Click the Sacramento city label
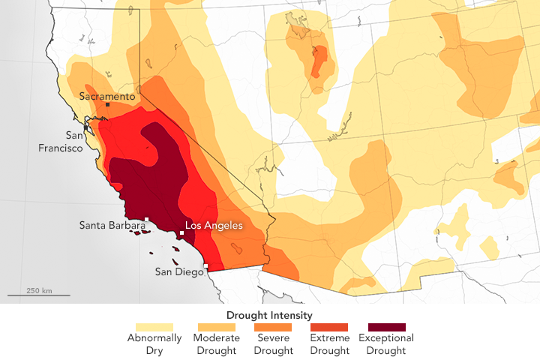[107, 96]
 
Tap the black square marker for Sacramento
[108, 105]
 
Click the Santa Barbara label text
[112, 224]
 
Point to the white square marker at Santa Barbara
[147, 220]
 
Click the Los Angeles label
[214, 224]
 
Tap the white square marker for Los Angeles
[181, 233]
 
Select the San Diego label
[178, 271]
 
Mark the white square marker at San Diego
[206, 265]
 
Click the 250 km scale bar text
[38, 290]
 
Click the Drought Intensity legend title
[269, 315]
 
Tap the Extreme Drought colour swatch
[328, 327]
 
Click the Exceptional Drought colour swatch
[387, 327]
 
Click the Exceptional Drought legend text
[387, 343]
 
